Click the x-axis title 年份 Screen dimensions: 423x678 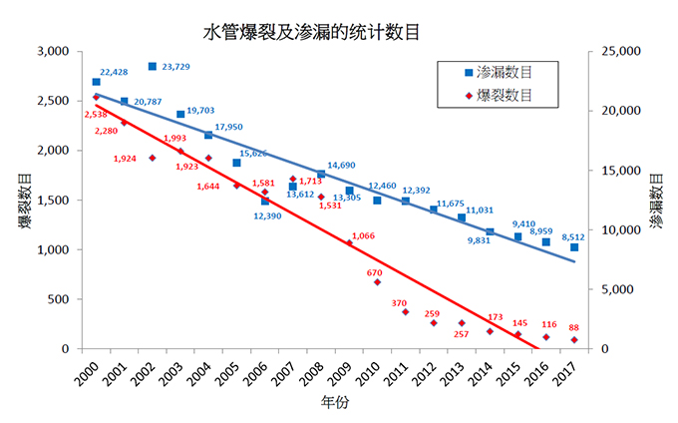[335, 404]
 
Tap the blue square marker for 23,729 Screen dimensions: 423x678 [153, 67]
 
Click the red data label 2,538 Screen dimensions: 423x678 [97, 115]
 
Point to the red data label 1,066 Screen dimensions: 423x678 [364, 235]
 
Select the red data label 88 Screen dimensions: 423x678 [574, 327]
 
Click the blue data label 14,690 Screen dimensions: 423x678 [342, 165]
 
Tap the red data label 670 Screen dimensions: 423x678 [375, 272]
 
